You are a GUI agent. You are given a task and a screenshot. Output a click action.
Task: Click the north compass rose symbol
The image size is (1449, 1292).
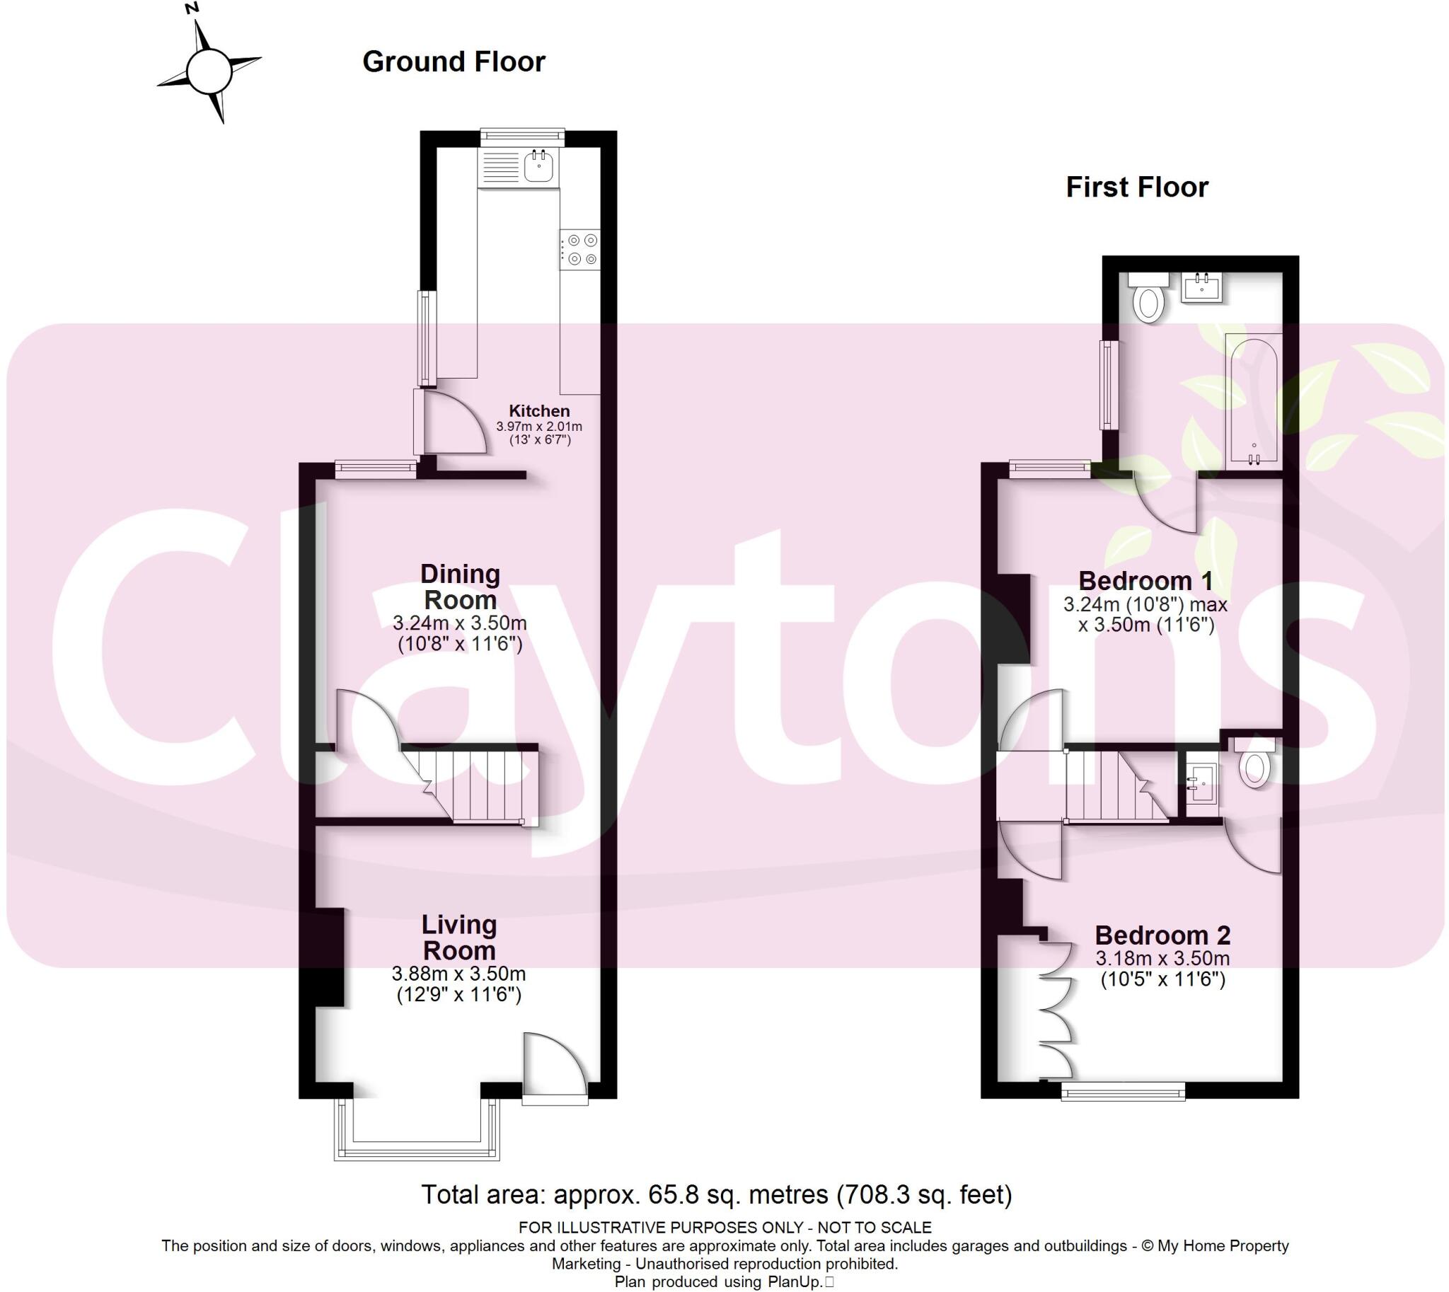click(209, 70)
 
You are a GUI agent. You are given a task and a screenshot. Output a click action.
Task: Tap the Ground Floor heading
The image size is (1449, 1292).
click(454, 62)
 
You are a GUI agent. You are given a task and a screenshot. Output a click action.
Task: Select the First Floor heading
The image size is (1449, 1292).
click(1136, 188)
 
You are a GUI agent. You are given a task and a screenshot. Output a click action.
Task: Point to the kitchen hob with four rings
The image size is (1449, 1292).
click(581, 250)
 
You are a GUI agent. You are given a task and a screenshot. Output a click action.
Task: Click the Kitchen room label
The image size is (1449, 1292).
click(539, 411)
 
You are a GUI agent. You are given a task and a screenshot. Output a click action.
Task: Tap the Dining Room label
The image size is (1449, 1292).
click(460, 587)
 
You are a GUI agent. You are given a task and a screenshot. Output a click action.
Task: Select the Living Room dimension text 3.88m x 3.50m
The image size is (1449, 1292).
click(458, 974)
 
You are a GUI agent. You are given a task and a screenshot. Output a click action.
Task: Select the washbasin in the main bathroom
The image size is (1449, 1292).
click(1201, 287)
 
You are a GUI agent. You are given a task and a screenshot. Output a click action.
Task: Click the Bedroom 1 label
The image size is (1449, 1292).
click(1145, 582)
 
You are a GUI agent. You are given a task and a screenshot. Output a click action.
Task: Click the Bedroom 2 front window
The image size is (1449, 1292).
click(1122, 1091)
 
